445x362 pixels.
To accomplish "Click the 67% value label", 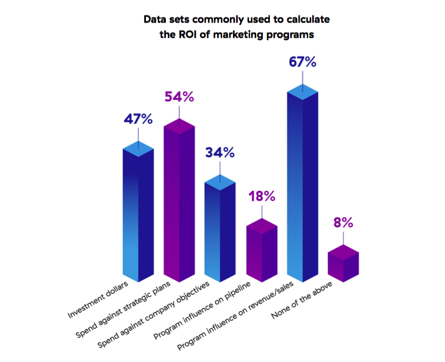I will pos(302,62).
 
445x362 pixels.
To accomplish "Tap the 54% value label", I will pos(179,97).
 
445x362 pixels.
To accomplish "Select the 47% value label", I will pos(138,119).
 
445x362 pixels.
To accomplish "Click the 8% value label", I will pos(343,222).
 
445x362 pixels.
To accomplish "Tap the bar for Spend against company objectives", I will pos(220,231).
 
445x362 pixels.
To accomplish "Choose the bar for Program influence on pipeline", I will pos(261,252).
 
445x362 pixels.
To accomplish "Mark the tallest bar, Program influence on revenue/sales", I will pos(302,184).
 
